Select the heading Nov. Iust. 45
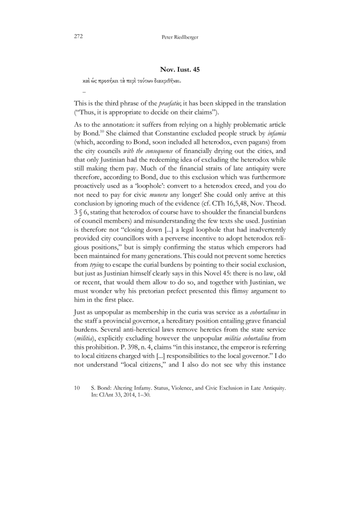click(180, 69)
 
